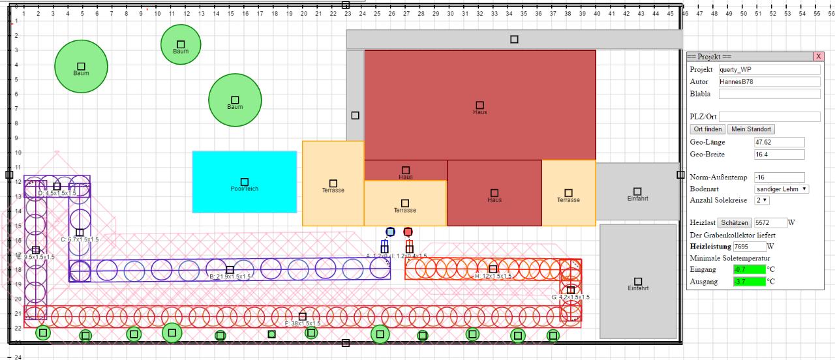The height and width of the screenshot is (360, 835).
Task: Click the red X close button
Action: tap(818, 57)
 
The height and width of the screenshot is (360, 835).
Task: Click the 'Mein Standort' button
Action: tap(751, 129)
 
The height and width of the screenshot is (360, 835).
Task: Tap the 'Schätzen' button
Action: tap(734, 222)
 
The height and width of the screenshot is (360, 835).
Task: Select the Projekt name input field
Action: tap(769, 70)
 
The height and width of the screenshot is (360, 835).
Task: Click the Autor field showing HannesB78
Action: tap(769, 82)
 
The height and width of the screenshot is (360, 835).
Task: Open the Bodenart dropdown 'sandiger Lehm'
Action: tap(781, 188)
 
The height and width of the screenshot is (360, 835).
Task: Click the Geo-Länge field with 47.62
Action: tap(778, 142)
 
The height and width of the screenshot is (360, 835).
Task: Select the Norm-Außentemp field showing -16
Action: tap(778, 177)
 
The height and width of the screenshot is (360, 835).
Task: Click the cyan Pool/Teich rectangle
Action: tap(245, 182)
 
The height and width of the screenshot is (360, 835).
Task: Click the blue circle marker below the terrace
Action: tap(390, 232)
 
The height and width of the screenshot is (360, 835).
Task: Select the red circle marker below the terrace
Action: tap(408, 232)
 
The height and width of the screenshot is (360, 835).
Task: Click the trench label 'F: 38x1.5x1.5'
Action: tap(302, 323)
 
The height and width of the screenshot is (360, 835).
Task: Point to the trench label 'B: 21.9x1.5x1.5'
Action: tap(230, 277)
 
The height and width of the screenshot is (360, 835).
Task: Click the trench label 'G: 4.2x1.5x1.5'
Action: tap(570, 297)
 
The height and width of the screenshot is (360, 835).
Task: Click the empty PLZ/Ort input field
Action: tap(769, 117)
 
